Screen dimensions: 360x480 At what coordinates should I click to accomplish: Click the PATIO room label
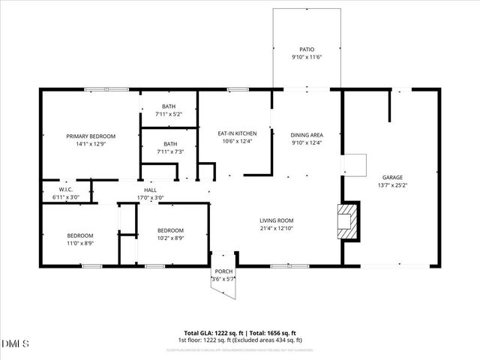point(306,49)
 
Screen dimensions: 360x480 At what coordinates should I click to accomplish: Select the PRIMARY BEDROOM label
point(89,136)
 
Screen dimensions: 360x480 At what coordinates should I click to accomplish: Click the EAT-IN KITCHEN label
point(232,133)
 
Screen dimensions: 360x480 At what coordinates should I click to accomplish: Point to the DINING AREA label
point(306,133)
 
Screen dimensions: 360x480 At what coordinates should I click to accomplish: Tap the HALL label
point(150,190)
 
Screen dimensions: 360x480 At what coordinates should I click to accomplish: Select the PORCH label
point(223,271)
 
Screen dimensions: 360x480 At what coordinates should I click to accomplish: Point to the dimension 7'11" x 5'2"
point(169,114)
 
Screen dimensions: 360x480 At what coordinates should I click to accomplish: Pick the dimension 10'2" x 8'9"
point(170,238)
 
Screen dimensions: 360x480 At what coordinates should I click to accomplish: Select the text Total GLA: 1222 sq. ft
point(211,333)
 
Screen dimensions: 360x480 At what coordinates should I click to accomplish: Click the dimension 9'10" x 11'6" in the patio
point(306,57)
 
